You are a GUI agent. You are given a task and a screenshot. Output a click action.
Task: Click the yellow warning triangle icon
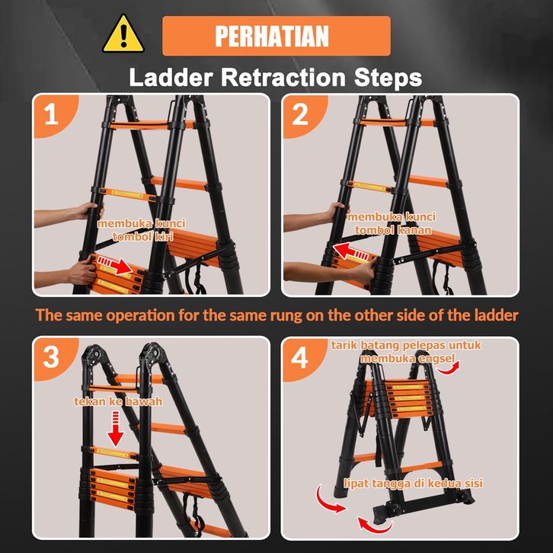[123, 34]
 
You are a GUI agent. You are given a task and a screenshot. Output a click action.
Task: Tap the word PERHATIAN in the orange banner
[272, 36]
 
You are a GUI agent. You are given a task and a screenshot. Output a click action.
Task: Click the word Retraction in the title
[283, 77]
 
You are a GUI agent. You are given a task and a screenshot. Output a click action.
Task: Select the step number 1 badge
[52, 114]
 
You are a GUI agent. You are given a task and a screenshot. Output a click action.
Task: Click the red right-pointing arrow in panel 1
[114, 264]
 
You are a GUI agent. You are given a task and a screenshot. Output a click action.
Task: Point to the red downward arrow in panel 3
[115, 429]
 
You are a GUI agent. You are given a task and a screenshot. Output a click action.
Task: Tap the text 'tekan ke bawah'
[118, 401]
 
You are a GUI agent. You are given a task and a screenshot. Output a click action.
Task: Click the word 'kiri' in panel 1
[161, 236]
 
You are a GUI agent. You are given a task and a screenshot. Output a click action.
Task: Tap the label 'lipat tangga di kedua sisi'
[413, 483]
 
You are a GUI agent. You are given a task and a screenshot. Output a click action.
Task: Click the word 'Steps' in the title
[388, 78]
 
